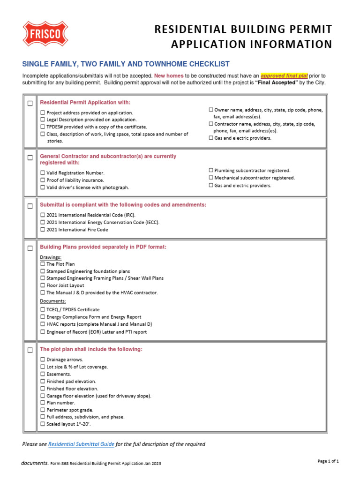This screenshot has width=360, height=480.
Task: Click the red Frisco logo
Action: click(x=45, y=34)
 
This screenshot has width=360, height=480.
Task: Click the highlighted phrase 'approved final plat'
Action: click(x=284, y=75)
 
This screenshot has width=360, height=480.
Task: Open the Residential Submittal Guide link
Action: click(x=81, y=444)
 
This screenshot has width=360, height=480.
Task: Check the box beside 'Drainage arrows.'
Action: click(x=43, y=360)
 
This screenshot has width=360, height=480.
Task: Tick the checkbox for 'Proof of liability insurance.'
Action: click(x=43, y=180)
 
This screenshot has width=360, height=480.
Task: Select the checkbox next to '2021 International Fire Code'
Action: click(x=43, y=230)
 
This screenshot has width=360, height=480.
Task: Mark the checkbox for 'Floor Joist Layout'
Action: click(x=43, y=285)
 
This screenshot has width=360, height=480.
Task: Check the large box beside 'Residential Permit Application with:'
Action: click(x=30, y=103)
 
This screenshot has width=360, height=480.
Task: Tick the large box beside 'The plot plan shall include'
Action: click(x=30, y=350)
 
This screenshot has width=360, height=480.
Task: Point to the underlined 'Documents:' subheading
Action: click(x=53, y=301)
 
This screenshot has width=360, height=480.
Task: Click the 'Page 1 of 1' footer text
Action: click(x=328, y=461)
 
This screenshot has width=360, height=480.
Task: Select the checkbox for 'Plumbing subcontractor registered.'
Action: click(x=211, y=171)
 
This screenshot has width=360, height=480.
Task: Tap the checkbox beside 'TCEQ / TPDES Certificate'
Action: click(x=43, y=310)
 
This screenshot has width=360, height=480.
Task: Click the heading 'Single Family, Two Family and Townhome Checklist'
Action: click(x=126, y=64)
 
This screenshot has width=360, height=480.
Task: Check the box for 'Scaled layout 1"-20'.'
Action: click(x=43, y=424)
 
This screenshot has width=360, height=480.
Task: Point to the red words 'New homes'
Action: click(x=168, y=75)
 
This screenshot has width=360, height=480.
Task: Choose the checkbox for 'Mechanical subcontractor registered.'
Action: click(x=211, y=178)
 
